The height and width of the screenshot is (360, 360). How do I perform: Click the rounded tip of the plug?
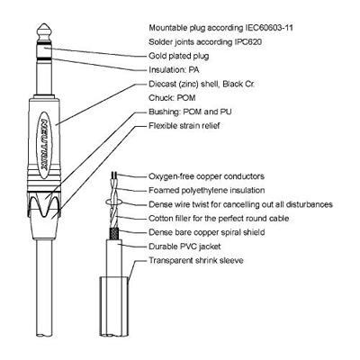tap(44, 30)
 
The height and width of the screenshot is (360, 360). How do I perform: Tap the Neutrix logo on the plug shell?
tap(44, 145)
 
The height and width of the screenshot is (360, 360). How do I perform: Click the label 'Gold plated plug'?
tap(179, 56)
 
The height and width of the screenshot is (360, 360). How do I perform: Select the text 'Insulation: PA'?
tap(174, 70)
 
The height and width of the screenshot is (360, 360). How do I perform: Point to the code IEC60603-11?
tap(269, 28)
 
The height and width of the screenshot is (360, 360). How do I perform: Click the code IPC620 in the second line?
tap(247, 42)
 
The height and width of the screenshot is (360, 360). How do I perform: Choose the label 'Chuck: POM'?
tap(172, 98)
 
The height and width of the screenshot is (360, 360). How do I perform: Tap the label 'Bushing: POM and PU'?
tap(190, 112)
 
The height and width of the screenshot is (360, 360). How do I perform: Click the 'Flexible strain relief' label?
tap(184, 126)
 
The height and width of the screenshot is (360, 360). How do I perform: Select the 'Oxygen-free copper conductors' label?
tap(206, 176)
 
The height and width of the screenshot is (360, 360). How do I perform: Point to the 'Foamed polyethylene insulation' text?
tap(207, 190)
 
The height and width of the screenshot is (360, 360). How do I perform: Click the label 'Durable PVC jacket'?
tap(184, 247)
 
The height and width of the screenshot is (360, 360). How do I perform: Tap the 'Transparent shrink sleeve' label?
tap(196, 260)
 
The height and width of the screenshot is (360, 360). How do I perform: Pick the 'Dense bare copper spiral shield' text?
tap(207, 232)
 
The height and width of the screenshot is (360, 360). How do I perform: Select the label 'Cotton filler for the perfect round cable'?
tap(219, 219)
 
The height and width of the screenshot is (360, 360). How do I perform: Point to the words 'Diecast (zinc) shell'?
tap(184, 84)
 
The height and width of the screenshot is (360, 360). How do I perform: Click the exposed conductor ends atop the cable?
tap(113, 175)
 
